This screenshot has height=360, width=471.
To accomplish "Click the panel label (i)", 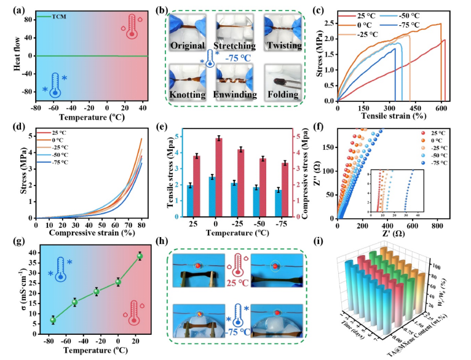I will pyautogui.click(x=331, y=235).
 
